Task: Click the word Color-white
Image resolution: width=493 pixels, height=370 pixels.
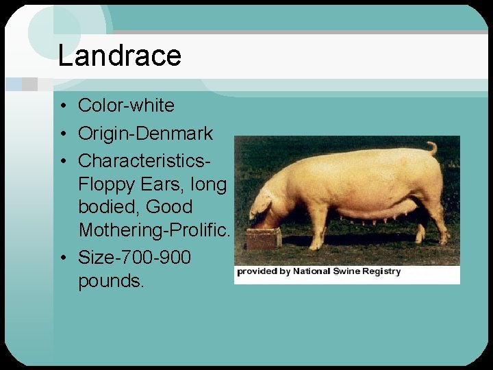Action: pos(126,106)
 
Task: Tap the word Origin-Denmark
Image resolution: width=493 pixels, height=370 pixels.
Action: pos(145,133)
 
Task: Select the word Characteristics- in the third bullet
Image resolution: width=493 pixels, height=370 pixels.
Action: pos(144,160)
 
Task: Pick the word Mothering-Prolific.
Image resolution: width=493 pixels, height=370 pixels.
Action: pos(155,230)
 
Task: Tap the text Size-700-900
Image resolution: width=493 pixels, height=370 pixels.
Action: pos(134,258)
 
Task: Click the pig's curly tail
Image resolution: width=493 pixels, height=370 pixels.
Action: pos(432,147)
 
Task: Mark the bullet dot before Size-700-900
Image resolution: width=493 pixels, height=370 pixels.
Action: pos(62,258)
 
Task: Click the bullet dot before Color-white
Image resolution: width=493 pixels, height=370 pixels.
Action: pos(62,106)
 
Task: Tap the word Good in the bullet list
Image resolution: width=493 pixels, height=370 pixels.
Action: pos(168,207)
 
